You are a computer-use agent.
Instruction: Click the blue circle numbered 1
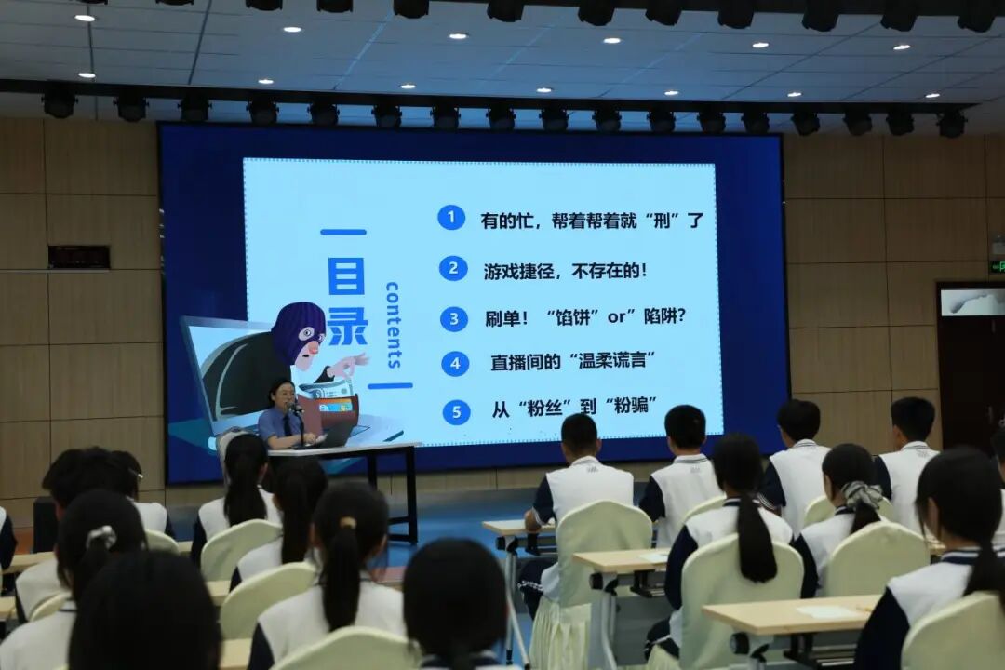point(452,218)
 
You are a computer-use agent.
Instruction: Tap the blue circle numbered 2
point(453,268)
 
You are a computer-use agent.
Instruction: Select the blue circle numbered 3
point(454,318)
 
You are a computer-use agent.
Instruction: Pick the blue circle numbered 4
point(455,364)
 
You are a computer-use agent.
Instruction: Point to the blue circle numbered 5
point(456,411)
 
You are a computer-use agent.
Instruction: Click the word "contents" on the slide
point(393,325)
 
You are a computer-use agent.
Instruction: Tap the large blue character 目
point(346,275)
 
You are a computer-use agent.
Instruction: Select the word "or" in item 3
point(616,316)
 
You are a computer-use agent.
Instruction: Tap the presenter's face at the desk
point(283,395)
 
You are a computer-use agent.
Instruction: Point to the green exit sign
point(997,265)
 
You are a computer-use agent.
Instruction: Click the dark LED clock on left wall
point(79,257)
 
